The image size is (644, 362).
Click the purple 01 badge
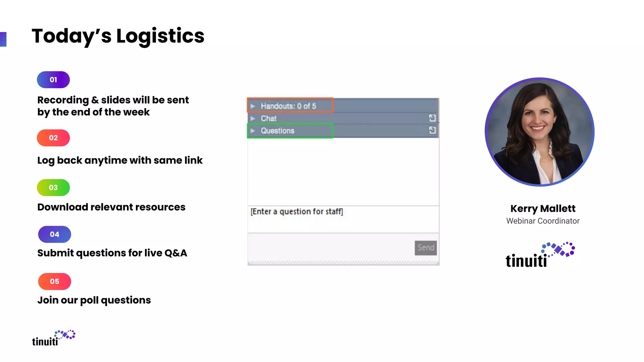(x=53, y=80)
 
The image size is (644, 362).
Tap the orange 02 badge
(x=53, y=138)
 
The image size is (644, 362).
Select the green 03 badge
(x=53, y=188)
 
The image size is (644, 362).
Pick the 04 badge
(x=54, y=234)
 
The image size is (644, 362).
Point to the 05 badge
(x=54, y=282)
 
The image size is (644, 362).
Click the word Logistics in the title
(x=160, y=36)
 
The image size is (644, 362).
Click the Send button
(x=425, y=248)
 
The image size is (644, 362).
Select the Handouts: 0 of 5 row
(x=288, y=106)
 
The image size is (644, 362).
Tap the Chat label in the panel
(x=269, y=118)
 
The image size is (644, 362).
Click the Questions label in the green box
(x=277, y=131)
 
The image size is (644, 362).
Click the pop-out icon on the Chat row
(x=432, y=118)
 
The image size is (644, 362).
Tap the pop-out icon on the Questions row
(x=432, y=130)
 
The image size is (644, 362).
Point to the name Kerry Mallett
(x=543, y=209)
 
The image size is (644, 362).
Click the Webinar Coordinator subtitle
(x=543, y=221)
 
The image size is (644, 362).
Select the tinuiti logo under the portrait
(x=540, y=255)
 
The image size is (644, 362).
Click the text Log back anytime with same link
(x=120, y=161)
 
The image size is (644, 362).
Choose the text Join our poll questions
(x=94, y=300)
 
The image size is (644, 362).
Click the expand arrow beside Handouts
(x=253, y=106)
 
